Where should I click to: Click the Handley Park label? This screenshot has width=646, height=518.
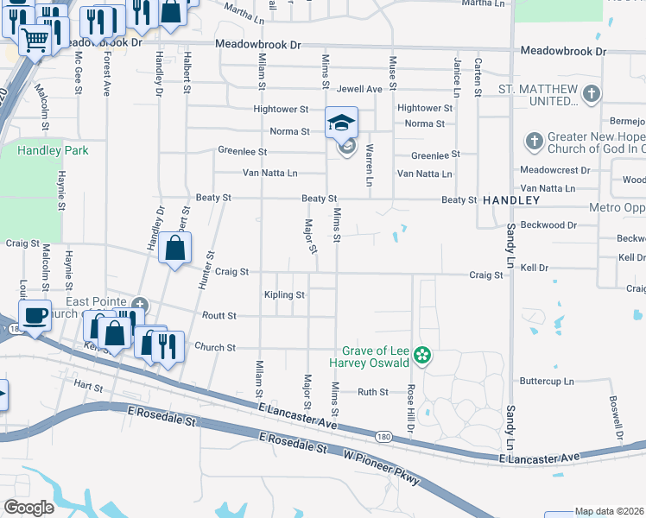[x=41, y=150]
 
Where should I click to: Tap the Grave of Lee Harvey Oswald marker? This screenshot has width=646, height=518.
[x=422, y=355]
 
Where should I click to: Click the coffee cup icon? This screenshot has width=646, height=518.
[x=35, y=315]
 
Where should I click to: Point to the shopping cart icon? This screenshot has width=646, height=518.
[x=35, y=39]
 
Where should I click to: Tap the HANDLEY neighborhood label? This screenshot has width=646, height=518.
[x=511, y=200]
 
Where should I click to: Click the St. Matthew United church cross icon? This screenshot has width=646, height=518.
[x=592, y=93]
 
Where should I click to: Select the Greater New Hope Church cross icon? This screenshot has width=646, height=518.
[x=534, y=140]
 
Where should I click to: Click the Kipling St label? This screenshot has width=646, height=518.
[x=284, y=295]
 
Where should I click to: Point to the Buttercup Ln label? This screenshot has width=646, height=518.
[x=547, y=381]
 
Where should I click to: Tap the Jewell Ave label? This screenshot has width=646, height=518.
[x=359, y=89]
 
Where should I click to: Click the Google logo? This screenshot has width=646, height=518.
[x=28, y=508]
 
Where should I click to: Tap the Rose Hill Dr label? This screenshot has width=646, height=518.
[x=412, y=402]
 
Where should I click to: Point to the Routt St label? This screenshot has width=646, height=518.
[x=218, y=317]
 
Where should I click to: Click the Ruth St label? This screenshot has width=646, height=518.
[x=373, y=392]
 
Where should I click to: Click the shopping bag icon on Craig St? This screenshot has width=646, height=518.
[x=174, y=249]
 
